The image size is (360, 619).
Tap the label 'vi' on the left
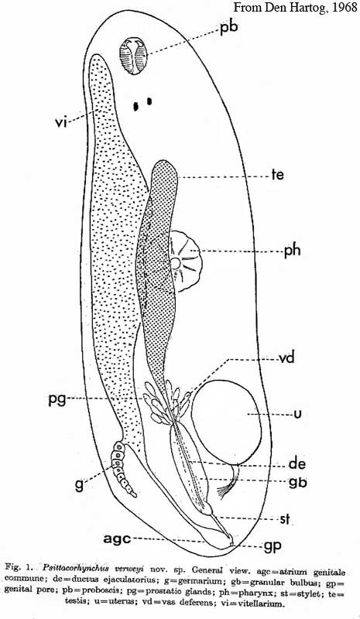60,123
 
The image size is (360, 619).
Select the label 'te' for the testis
277,175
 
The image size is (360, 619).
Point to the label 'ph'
292,251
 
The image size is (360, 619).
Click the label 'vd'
286,359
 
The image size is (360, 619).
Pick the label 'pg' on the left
57,400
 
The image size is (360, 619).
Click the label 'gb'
297,482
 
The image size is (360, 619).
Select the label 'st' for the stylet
286,519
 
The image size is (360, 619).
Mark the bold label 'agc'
117,539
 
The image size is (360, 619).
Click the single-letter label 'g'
80,485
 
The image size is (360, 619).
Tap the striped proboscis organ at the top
134,56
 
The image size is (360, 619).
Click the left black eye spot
136,106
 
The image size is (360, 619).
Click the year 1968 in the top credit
344,7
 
